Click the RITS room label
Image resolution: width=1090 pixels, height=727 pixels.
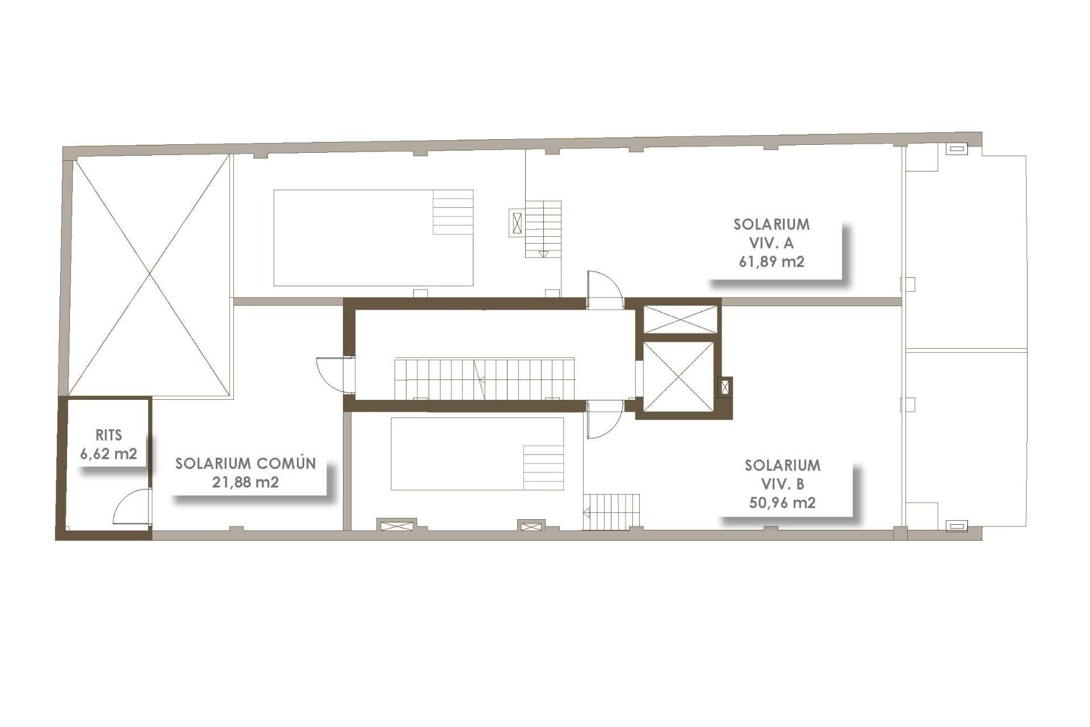[x=108, y=435]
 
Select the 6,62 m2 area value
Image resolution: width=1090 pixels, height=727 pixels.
[x=108, y=454]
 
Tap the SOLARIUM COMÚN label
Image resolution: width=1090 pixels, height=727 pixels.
[x=245, y=463]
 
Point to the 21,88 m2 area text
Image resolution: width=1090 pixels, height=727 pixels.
[x=245, y=482]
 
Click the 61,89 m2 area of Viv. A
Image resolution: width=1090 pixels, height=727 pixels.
[x=771, y=262]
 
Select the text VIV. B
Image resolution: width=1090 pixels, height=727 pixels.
[x=782, y=484]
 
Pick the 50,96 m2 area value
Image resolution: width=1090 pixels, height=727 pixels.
[x=782, y=503]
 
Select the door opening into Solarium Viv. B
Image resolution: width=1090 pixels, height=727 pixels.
[x=604, y=420]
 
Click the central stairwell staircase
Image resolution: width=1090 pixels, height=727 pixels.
[x=484, y=378]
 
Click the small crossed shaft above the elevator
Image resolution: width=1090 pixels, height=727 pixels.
[x=680, y=319]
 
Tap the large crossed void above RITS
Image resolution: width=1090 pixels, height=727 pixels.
[x=149, y=275]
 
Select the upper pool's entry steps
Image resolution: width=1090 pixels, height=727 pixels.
[x=453, y=212]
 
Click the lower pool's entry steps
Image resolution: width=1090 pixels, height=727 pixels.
[x=543, y=467]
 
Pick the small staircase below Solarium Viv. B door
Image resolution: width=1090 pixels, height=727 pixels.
[x=611, y=512]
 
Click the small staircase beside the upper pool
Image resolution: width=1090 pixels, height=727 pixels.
[x=543, y=229]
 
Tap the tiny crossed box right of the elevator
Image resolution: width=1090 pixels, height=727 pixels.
[x=725, y=387]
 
